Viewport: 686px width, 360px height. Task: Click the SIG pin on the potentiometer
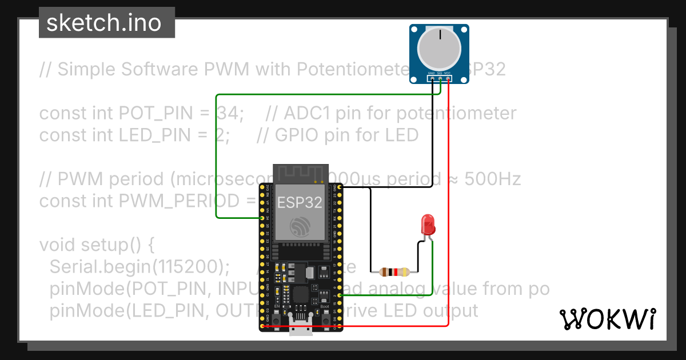[x=440, y=78]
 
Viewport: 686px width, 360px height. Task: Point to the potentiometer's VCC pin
[x=448, y=78]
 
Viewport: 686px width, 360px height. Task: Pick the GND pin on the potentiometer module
[x=432, y=78]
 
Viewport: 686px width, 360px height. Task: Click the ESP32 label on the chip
[x=300, y=202]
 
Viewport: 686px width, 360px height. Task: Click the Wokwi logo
[x=607, y=319]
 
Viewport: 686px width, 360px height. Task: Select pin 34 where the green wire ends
[x=262, y=218]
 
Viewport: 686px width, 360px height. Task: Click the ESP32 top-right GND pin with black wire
[x=340, y=186]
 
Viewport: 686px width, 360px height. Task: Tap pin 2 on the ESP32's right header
[x=340, y=295]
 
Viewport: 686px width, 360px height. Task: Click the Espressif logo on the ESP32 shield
[x=300, y=227]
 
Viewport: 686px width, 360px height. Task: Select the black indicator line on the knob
[x=440, y=35]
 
